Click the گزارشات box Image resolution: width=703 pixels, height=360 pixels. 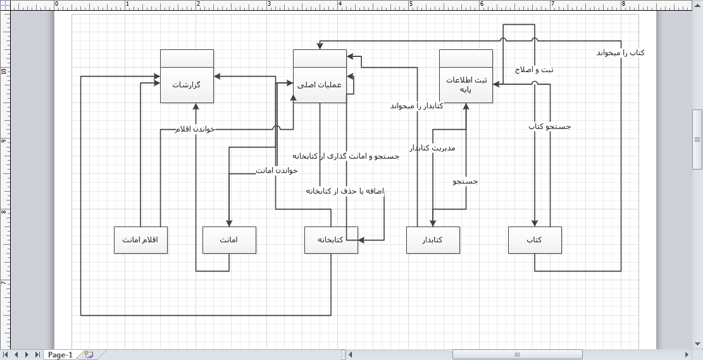tap(187, 76)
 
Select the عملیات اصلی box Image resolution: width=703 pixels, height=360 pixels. tap(320, 76)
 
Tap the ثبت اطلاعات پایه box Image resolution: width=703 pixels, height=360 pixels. tap(466, 76)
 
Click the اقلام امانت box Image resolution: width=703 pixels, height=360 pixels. tap(140, 240)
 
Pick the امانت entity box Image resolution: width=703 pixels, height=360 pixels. tap(229, 240)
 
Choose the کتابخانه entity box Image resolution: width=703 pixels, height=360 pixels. tap(331, 240)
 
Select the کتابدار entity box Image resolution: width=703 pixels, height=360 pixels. tap(433, 240)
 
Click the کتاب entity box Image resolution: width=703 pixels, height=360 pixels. tap(535, 240)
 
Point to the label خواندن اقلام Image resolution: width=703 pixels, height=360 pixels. tap(195, 129)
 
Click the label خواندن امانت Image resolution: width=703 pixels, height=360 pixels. tap(277, 171)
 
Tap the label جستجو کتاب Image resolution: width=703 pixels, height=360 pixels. tap(549, 127)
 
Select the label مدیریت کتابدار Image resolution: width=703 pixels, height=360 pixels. tap(432, 147)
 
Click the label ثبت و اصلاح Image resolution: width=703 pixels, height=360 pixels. tap(535, 70)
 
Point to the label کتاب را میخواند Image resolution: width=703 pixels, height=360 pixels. tap(621, 53)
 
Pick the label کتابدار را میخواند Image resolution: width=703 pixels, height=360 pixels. tap(416, 106)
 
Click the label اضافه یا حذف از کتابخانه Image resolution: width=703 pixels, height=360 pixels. tap(345, 191)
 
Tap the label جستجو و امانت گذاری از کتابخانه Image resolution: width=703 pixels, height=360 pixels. tap(345, 156)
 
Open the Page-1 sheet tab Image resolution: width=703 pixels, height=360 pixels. tap(60, 355)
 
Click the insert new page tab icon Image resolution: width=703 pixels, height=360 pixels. tap(88, 355)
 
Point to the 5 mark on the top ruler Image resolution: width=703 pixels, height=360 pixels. tap(411, 4)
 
